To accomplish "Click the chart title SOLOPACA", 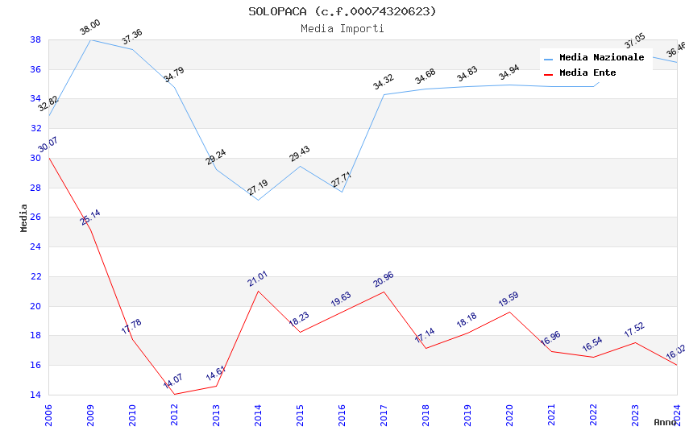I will (342, 11).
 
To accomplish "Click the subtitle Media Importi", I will (342, 28).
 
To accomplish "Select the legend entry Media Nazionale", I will (601, 58).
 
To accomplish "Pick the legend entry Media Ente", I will (587, 73).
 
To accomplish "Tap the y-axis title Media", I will (24, 217).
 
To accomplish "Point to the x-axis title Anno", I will (665, 422).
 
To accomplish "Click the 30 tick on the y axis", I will (35, 158).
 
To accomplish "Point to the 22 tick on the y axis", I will (35, 276).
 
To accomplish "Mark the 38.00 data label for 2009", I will (89, 29).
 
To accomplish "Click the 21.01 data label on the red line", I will (258, 279).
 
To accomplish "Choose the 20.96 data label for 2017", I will (384, 279).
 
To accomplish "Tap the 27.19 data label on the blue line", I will (258, 188).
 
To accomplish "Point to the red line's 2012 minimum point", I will (174, 394).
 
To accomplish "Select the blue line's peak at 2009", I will (90, 39).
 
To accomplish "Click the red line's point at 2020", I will (509, 312).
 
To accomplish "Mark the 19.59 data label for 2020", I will (509, 300).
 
